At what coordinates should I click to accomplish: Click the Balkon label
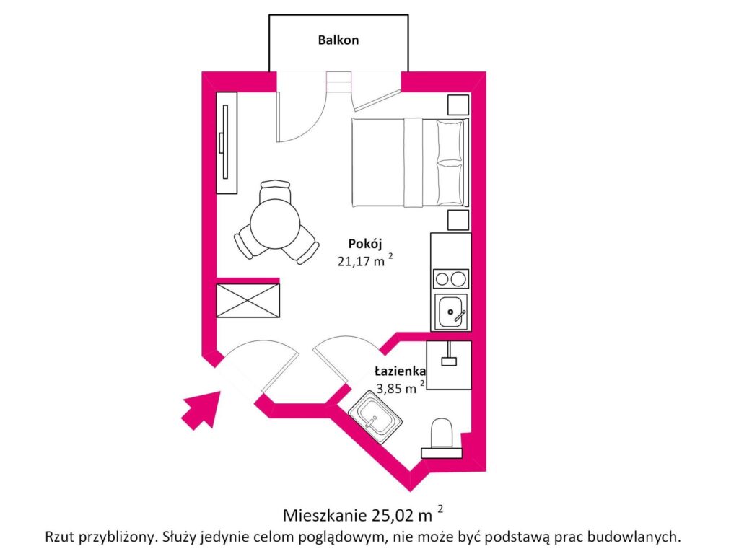338,40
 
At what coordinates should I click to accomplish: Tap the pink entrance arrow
200,408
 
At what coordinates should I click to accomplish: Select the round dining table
275,223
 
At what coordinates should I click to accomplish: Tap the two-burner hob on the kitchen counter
450,278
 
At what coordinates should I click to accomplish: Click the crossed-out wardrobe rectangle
248,299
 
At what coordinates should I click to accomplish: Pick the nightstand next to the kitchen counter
458,219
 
